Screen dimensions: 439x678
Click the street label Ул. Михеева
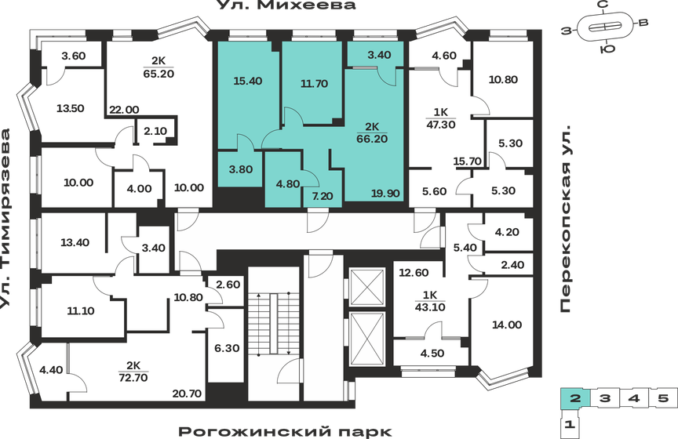tap(286, 6)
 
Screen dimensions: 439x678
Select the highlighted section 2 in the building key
tap(575, 398)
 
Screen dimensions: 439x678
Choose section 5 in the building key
tap(663, 398)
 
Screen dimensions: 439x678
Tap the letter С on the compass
tap(603, 5)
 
